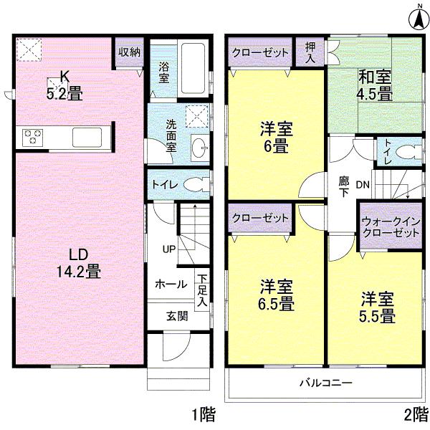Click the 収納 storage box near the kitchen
click(130, 52)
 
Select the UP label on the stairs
click(169, 249)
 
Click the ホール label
click(172, 284)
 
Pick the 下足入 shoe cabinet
click(203, 290)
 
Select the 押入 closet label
click(310, 52)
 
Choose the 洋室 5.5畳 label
click(377, 307)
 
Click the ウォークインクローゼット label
click(391, 227)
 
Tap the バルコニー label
click(325, 383)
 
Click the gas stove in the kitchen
click(33, 136)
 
